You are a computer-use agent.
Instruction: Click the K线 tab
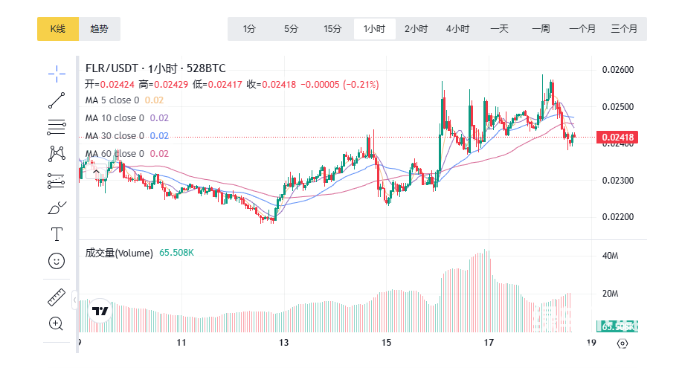pos(57,29)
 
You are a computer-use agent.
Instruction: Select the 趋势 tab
pos(99,29)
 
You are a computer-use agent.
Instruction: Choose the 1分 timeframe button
pos(249,29)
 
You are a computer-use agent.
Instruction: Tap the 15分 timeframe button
pos(332,29)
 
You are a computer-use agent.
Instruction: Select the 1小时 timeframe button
pos(374,29)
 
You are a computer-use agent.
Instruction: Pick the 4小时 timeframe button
pos(457,29)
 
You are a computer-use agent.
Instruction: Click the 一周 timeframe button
pos(541,29)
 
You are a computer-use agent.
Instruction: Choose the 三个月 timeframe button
pos(623,29)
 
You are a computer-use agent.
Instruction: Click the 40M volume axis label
pos(611,256)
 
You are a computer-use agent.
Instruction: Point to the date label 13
pos(283,343)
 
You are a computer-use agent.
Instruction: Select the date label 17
pos(489,343)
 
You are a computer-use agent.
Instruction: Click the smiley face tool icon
pos(57,260)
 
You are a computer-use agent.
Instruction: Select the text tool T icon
pos(57,234)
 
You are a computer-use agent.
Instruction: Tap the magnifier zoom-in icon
pos(57,323)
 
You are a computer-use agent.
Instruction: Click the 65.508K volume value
pos(176,253)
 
